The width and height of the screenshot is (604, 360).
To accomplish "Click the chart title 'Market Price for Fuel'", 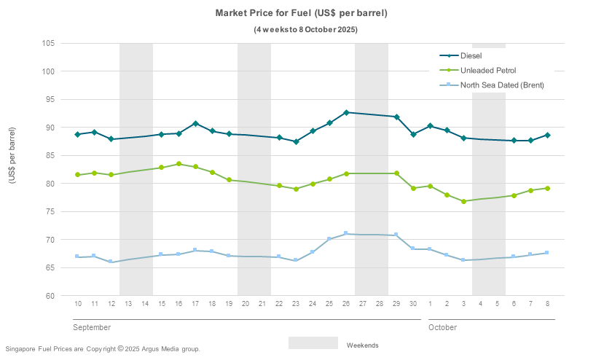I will point(301,13).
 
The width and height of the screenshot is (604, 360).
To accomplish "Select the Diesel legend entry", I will point(471,55).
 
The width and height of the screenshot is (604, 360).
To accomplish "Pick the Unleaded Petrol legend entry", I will point(488,70).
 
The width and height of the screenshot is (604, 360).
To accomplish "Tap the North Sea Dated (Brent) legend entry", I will point(502,85).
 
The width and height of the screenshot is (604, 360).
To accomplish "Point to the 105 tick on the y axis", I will point(49,43).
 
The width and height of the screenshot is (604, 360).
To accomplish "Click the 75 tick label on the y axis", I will point(50,212).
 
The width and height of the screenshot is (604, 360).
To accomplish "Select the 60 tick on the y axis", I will point(50,296).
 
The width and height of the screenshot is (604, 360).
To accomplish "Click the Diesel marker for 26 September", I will point(346,112).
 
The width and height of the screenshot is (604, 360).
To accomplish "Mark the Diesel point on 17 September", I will point(195,124).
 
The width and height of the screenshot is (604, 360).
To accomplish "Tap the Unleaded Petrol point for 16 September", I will point(179,164).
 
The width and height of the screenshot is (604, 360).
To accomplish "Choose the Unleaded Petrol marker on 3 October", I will point(463,201).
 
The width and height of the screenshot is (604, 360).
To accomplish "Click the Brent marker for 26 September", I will point(346,233).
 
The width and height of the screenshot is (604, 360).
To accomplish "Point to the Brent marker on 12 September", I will point(111,262).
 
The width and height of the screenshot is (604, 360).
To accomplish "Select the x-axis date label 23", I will point(296,303).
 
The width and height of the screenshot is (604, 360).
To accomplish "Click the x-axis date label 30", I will point(413,303).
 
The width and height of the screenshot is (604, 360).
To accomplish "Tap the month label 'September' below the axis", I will point(92,328).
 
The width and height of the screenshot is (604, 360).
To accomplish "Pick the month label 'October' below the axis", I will point(442,328).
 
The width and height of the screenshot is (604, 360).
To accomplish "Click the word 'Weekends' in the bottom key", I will point(362,345).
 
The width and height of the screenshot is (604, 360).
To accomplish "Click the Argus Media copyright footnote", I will point(102,349).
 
